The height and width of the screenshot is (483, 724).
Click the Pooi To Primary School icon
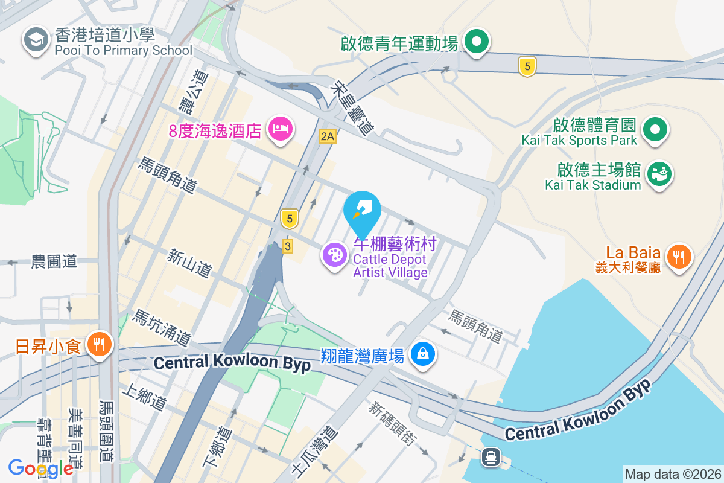36,40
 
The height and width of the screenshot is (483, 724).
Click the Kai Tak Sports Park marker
654,129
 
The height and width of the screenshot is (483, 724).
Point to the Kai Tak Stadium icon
659,174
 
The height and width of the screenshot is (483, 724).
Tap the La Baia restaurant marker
679,257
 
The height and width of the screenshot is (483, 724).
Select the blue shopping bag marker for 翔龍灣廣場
423,354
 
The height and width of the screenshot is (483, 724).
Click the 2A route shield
327,137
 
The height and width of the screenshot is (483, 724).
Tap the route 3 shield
288,246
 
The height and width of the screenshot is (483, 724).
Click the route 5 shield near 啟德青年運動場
527,66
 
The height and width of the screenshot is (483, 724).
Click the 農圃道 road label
54,262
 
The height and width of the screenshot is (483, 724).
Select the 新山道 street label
189,264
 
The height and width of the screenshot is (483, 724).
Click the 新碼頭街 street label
392,424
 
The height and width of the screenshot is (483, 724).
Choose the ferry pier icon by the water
489,457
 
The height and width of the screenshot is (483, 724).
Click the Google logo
40,468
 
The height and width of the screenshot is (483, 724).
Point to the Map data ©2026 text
673,474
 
